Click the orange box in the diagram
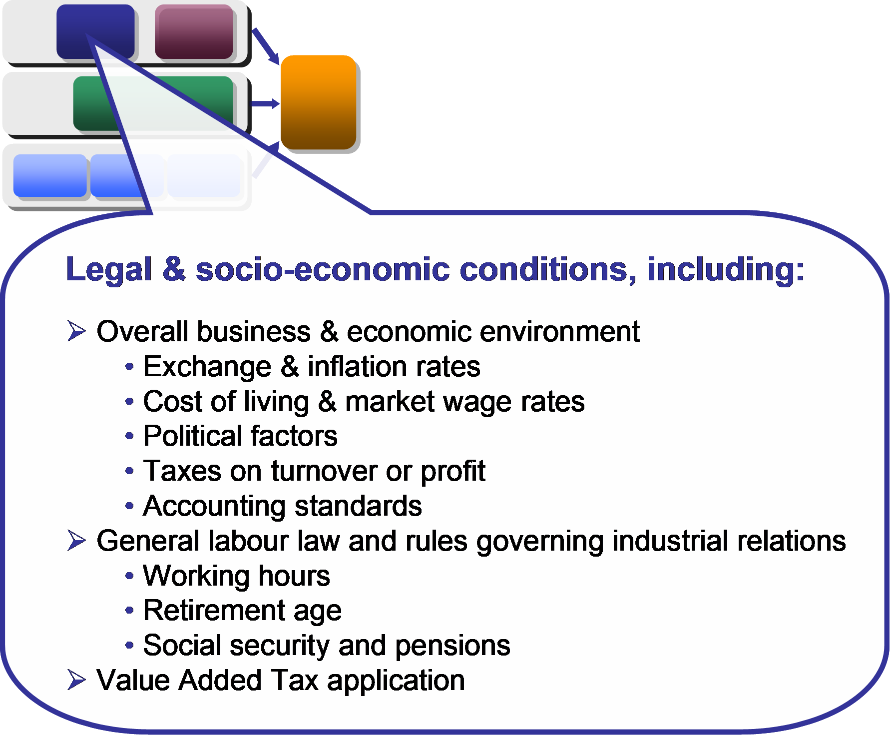point(318,102)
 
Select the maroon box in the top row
point(194,31)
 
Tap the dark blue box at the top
point(95,31)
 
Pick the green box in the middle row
point(153,103)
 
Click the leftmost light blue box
point(50,175)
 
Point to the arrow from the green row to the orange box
point(265,104)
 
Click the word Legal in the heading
point(109,270)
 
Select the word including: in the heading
point(726,270)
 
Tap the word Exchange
point(207,367)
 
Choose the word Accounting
point(214,506)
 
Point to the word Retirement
point(214,610)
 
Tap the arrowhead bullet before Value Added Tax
point(76,680)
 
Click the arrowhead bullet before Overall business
point(76,331)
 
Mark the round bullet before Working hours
point(129,576)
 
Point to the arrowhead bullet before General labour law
point(76,541)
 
